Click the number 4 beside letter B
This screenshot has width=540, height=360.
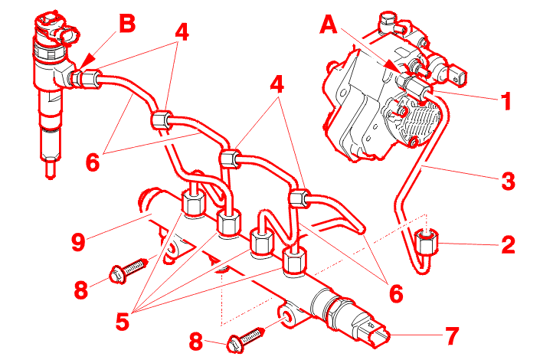click(181, 32)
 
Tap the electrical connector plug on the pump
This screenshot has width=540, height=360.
click(457, 74)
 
